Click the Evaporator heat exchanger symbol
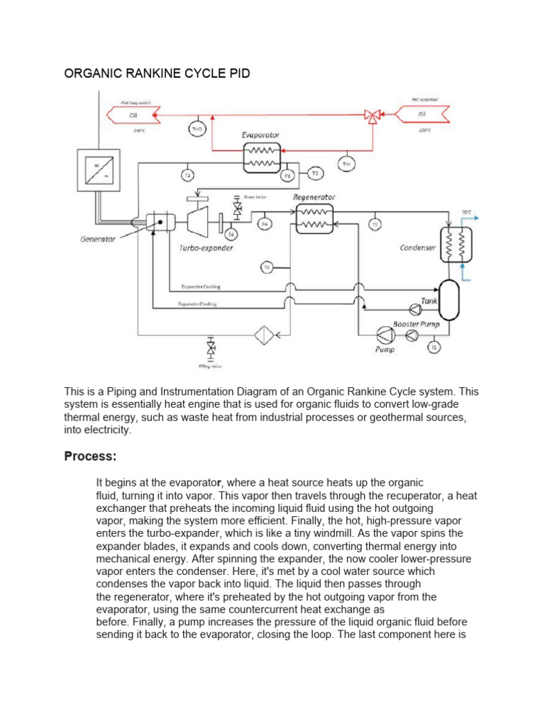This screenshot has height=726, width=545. click(x=261, y=157)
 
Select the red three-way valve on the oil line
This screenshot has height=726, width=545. click(x=371, y=116)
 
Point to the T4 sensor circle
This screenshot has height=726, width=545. click(x=231, y=234)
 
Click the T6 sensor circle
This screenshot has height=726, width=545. click(x=267, y=267)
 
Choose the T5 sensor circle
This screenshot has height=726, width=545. click(x=375, y=225)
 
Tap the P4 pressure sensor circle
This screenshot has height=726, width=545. click(x=265, y=224)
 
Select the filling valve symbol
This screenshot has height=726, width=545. click(x=211, y=348)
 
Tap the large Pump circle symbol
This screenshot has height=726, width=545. click(x=384, y=335)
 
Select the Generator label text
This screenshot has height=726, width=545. click(x=98, y=239)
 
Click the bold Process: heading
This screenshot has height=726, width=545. click(x=90, y=455)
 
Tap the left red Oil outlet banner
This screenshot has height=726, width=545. click(x=133, y=116)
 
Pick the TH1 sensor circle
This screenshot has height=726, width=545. click(x=346, y=164)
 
